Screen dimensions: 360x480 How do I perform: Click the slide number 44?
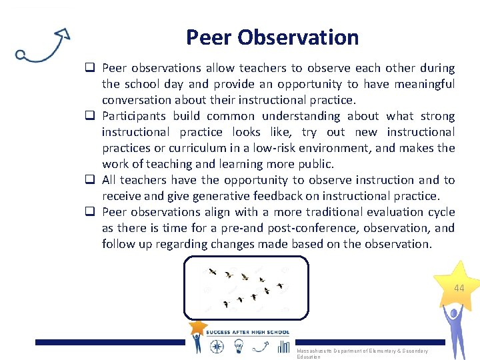pos(459,288)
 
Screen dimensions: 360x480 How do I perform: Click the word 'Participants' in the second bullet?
pos(135,116)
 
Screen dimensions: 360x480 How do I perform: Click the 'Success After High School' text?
pos(248,332)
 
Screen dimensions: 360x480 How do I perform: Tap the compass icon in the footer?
pos(217,346)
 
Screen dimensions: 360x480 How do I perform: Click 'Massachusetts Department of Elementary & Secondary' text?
pos(362,351)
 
